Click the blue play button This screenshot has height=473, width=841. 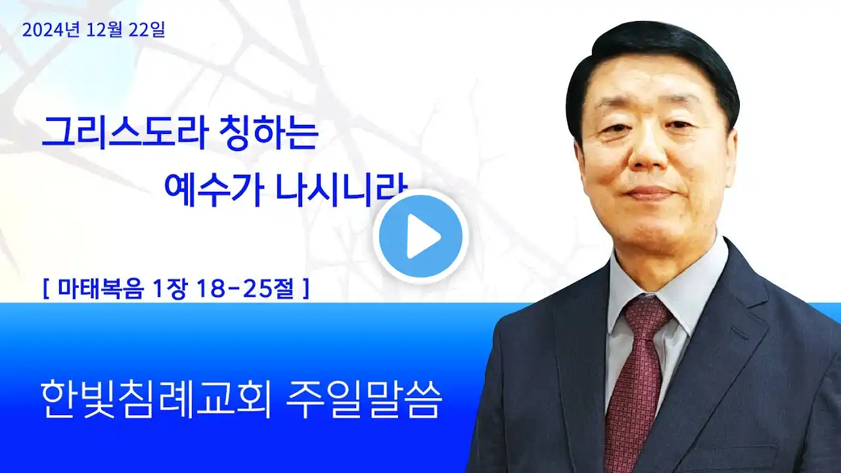coord(420,236)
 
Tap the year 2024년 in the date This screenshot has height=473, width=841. coord(51,30)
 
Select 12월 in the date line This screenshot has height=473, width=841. coord(104,30)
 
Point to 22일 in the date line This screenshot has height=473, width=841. coord(147,30)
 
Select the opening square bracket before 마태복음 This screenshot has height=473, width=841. coord(46,288)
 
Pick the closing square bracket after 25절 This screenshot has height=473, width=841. coord(306,288)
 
